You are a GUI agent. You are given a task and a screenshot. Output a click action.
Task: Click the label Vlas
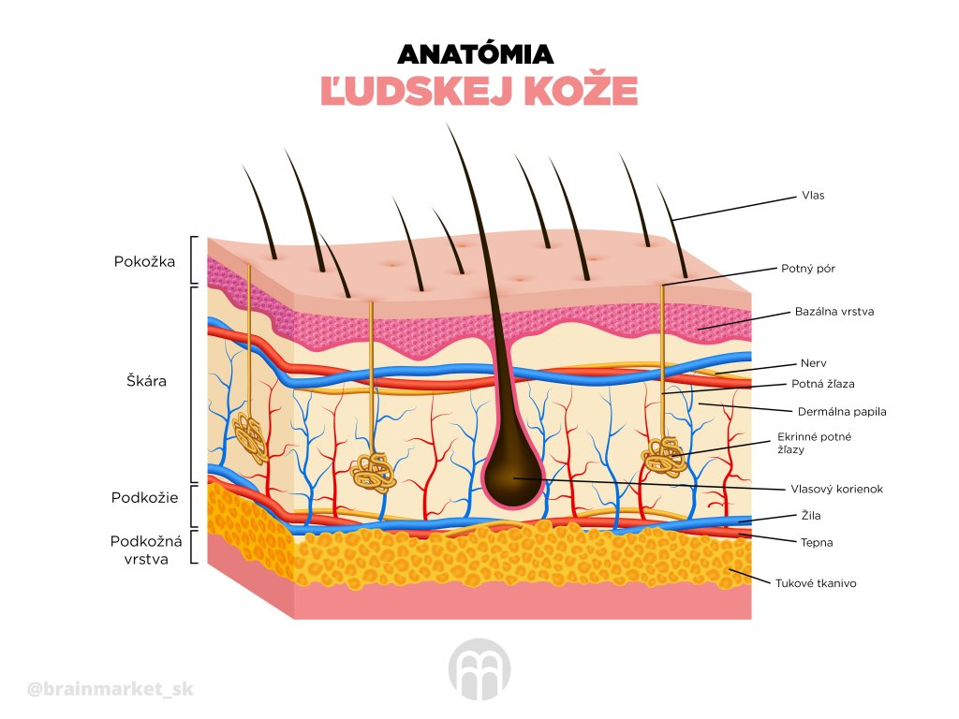click(x=812, y=196)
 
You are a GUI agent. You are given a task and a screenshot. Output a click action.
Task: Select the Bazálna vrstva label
click(x=834, y=312)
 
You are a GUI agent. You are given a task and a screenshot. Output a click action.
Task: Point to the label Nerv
click(x=813, y=362)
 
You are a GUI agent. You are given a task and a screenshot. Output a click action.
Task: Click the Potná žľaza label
click(x=822, y=384)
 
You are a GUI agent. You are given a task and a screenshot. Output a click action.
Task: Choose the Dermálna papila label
click(x=841, y=411)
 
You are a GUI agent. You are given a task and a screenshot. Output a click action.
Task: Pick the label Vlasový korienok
click(x=836, y=489)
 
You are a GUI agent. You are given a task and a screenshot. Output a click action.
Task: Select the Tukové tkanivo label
click(x=815, y=583)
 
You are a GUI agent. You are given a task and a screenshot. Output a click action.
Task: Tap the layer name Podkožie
click(x=144, y=497)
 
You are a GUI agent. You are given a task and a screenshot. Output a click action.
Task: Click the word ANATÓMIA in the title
click(x=476, y=53)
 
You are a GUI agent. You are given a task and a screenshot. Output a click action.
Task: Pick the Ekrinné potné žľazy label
click(x=814, y=443)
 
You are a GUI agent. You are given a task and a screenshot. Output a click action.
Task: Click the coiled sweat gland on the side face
click(x=251, y=437)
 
